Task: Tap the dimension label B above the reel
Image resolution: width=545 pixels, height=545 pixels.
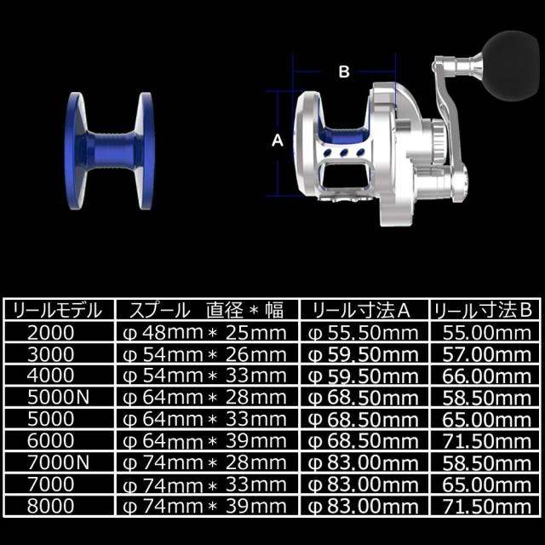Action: [344, 72]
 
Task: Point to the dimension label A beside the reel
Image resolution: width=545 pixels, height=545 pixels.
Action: [278, 141]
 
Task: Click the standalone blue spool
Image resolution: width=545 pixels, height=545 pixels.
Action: [110, 151]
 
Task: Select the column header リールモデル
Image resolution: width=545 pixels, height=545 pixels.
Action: [58, 310]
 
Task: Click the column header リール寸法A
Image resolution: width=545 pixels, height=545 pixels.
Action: [361, 310]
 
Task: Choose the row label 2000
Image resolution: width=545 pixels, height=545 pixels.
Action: [51, 333]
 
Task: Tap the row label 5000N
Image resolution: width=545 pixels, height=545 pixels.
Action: [59, 398]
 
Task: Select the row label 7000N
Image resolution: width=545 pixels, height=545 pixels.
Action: [59, 462]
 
